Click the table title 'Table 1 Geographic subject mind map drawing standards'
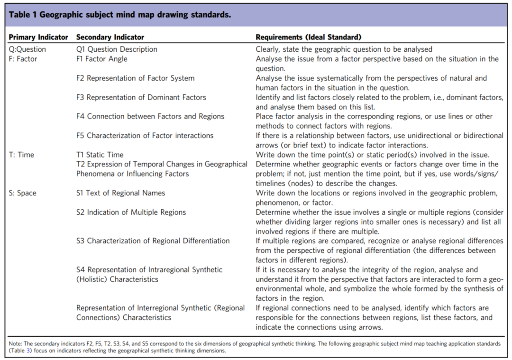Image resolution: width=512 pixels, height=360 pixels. point(120,15)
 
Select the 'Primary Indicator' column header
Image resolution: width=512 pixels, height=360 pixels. point(38,37)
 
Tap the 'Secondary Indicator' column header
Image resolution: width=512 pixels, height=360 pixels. point(110,37)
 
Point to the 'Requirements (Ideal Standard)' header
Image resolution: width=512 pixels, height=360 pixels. point(309,37)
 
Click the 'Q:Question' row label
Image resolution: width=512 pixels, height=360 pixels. point(27,49)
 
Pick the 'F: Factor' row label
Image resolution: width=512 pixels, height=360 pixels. point(23,59)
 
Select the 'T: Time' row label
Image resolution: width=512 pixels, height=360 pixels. point(21,155)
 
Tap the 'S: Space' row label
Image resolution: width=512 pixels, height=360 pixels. point(23,193)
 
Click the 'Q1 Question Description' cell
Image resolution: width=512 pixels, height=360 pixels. point(117,49)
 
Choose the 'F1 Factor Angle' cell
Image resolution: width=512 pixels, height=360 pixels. point(102,59)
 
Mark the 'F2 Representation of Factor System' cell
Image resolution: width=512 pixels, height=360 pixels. point(135,78)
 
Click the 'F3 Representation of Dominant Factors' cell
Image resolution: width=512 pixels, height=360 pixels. point(141,97)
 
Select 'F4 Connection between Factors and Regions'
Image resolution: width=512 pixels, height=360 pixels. point(150,116)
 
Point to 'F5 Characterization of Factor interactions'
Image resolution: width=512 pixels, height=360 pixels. point(145,136)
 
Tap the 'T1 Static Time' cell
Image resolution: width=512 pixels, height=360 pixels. point(100,155)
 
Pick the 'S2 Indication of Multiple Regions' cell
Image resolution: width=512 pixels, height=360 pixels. point(131,212)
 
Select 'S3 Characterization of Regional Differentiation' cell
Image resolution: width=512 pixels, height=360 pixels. point(153,241)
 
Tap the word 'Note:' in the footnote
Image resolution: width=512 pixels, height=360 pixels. point(15,344)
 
